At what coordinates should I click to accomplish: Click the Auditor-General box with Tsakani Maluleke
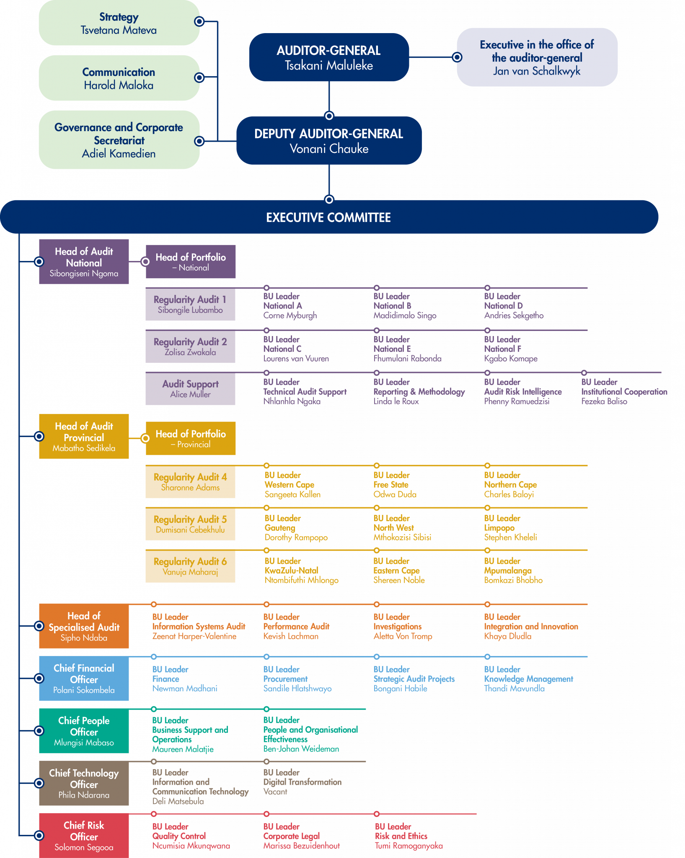pyautogui.click(x=329, y=57)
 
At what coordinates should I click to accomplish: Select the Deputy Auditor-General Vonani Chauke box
pyautogui.click(x=329, y=141)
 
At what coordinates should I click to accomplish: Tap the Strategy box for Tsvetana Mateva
pyautogui.click(x=119, y=23)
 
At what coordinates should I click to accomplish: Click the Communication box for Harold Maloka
pyautogui.click(x=119, y=78)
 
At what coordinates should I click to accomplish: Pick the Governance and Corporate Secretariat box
pyautogui.click(x=119, y=140)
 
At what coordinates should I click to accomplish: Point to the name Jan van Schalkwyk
pyautogui.click(x=537, y=71)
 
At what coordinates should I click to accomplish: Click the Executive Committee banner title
pyautogui.click(x=328, y=217)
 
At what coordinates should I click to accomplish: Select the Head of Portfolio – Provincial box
pyautogui.click(x=191, y=439)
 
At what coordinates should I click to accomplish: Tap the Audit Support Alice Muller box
pyautogui.click(x=190, y=389)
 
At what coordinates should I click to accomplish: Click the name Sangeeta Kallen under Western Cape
pyautogui.click(x=292, y=494)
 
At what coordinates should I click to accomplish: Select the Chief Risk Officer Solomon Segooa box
pyautogui.click(x=84, y=836)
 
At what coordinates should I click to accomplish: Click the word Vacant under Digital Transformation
pyautogui.click(x=275, y=792)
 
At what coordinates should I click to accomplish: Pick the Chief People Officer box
pyautogui.click(x=84, y=731)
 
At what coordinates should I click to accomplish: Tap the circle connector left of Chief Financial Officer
pyautogui.click(x=39, y=678)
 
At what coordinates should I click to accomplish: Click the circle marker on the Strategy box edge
pyautogui.click(x=199, y=21)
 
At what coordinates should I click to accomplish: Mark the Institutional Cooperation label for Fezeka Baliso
pyautogui.click(x=624, y=392)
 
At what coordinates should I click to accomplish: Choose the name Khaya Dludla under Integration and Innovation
pyautogui.click(x=508, y=636)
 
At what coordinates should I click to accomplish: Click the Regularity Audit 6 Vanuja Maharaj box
pyautogui.click(x=190, y=566)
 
